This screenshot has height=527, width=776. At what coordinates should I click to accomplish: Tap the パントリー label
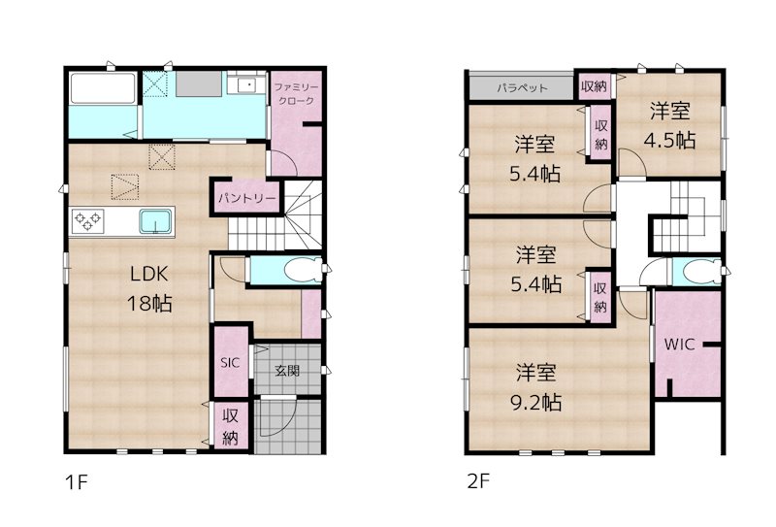pos(246,197)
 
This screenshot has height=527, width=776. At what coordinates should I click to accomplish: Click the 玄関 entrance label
pos(286,370)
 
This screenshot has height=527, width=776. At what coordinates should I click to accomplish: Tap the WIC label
pos(678,344)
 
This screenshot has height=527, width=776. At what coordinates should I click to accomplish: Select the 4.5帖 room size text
pos(670,139)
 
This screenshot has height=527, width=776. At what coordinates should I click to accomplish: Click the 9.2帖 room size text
pos(538,401)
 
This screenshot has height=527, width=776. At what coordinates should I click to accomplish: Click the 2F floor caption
pos(474,481)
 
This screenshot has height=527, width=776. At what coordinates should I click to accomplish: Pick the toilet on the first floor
pos(300,270)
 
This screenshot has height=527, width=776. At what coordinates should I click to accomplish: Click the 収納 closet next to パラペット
pos(594,86)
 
